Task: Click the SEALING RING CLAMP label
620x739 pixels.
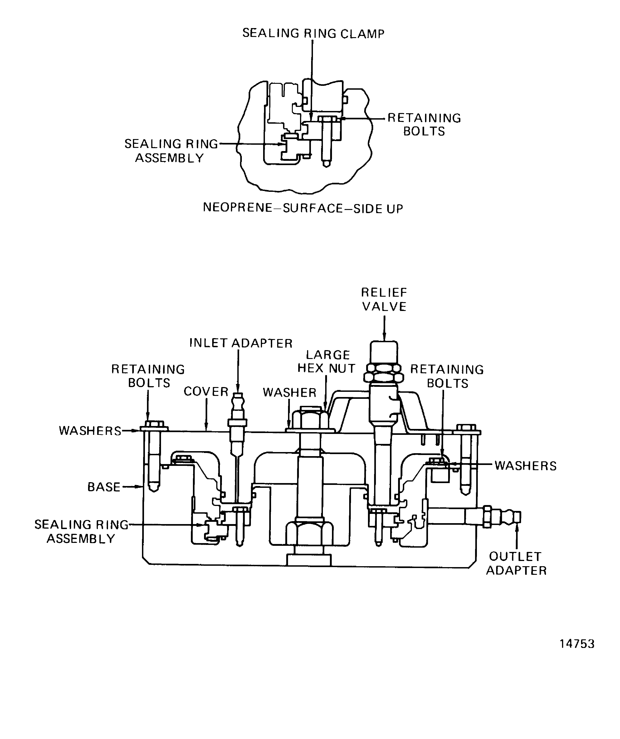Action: click(313, 34)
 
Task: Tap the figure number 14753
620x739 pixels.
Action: click(577, 644)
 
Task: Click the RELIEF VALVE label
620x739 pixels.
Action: click(384, 299)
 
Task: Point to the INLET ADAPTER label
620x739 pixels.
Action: click(241, 343)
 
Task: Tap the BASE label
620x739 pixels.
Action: click(104, 487)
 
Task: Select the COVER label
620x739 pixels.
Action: click(206, 392)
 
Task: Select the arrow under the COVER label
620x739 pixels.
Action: click(206, 426)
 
